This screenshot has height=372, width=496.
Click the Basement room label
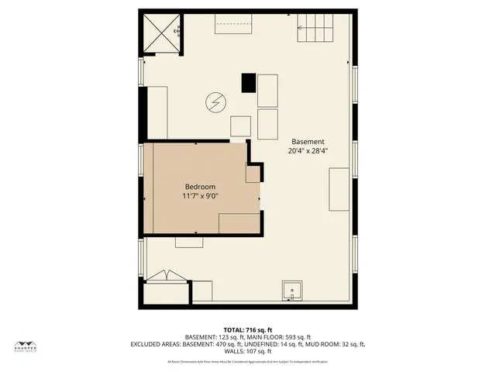(x=308, y=141)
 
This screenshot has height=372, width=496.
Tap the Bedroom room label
(x=200, y=187)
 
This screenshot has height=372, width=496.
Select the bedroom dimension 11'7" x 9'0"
(x=200, y=196)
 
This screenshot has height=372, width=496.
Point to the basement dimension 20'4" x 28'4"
(x=308, y=150)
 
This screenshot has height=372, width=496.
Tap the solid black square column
(x=248, y=82)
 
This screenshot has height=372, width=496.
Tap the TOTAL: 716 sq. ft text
(x=248, y=330)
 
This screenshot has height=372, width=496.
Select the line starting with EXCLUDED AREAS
(x=248, y=343)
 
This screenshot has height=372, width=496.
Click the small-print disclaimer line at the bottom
(x=248, y=361)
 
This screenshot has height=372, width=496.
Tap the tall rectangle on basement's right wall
(x=339, y=190)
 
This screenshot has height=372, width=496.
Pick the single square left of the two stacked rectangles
(x=240, y=126)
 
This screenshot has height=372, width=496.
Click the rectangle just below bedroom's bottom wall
(x=189, y=242)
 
